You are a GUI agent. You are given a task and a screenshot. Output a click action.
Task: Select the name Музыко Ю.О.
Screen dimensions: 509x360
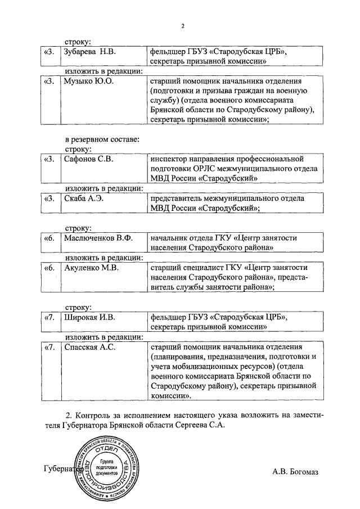pos(88,82)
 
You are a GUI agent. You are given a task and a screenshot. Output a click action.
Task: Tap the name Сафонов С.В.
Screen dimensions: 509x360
pos(88,159)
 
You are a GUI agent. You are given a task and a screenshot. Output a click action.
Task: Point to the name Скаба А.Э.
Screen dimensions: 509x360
pos(83,199)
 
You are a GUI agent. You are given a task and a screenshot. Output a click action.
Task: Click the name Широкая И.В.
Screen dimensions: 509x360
pos(90,317)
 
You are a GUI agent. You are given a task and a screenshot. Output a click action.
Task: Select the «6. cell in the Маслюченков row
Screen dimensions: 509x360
pos(49,238)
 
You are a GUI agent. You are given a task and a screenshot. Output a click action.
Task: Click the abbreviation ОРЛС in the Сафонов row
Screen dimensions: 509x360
pos(201,169)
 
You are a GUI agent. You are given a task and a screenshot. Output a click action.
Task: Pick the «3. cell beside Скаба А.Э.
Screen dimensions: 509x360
pos(49,199)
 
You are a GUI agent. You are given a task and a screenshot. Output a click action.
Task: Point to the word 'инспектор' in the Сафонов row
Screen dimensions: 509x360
pos(169,159)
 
